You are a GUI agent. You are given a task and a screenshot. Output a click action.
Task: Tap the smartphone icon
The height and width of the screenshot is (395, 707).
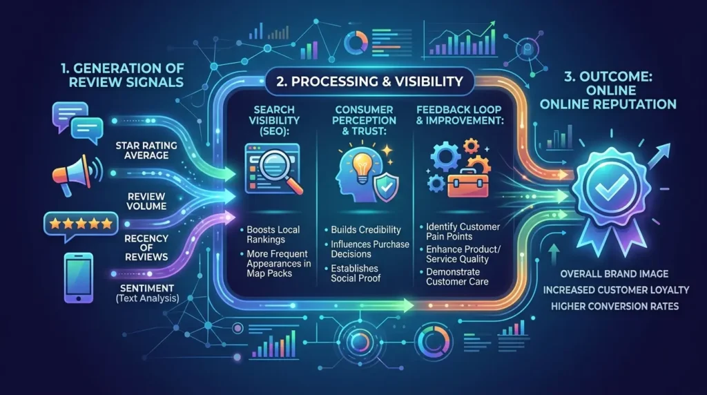[79, 278]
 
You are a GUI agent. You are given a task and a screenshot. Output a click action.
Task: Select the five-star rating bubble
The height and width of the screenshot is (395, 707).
[81, 225]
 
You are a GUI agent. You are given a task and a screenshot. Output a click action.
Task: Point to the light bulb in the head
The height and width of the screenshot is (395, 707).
[362, 167]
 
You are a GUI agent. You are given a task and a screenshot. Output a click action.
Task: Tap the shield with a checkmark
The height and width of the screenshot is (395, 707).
[387, 188]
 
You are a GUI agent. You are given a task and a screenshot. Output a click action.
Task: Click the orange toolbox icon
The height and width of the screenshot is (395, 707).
[467, 184]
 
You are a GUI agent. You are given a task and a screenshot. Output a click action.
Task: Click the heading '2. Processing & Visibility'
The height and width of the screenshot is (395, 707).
[369, 81]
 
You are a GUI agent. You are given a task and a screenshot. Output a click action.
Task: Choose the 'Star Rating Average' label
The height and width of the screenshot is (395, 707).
[146, 150]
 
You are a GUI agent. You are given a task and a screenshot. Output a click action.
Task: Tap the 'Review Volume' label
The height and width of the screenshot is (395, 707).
[146, 201]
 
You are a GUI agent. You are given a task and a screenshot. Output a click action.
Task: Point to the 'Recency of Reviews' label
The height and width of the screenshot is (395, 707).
[146, 247]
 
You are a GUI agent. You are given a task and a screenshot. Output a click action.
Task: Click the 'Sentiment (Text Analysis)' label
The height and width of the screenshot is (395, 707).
[147, 293]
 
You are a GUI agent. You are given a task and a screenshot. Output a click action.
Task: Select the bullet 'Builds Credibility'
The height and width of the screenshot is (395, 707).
[366, 230]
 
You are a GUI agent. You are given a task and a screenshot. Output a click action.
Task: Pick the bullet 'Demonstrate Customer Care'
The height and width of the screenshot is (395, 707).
[454, 277]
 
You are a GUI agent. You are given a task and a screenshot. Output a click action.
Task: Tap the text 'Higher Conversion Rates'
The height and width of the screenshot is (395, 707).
[614, 307]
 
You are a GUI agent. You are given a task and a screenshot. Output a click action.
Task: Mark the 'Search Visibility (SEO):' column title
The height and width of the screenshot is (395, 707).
[274, 120]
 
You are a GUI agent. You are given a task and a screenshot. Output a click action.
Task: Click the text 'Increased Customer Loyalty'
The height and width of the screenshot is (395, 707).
[616, 290]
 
